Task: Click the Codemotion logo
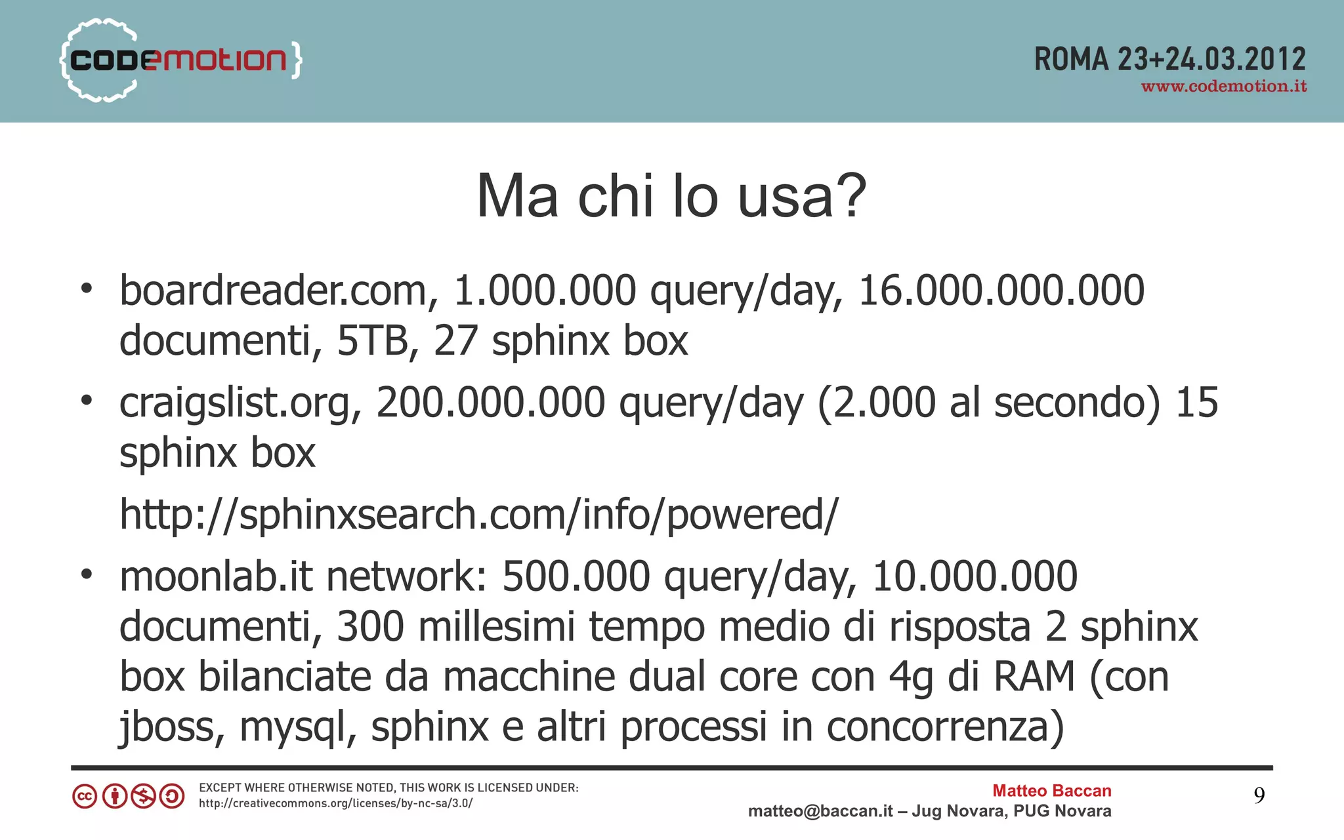[x=180, y=60]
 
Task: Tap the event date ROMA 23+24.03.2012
[x=1169, y=60]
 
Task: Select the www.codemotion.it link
[x=1224, y=87]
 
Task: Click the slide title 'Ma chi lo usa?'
[x=671, y=196]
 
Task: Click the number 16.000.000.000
[x=1001, y=290]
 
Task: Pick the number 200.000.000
[x=490, y=403]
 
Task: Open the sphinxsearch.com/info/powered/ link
[x=478, y=515]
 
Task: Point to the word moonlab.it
[x=216, y=576]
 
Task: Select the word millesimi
[x=496, y=627]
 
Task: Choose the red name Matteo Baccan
[x=1051, y=791]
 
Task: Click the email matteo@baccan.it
[x=820, y=812]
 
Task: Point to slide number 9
[x=1259, y=795]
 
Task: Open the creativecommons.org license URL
[x=335, y=803]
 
